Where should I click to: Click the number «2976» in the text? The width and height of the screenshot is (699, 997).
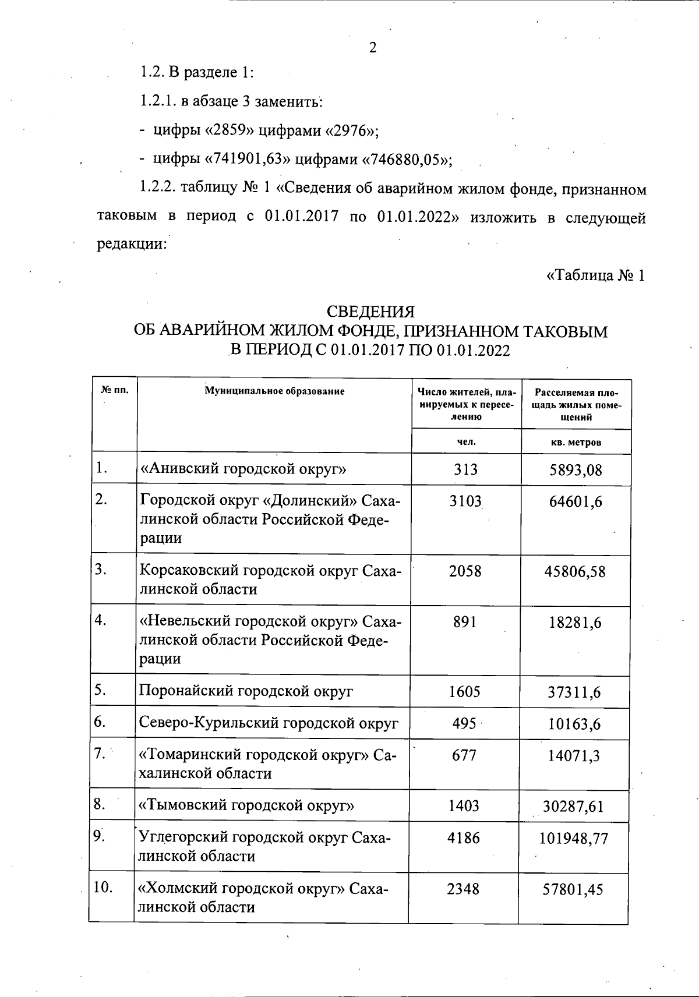(351, 130)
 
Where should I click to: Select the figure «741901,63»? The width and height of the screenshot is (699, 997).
(250, 158)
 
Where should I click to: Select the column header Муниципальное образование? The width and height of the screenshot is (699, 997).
(274, 391)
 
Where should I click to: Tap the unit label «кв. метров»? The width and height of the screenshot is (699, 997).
(576, 442)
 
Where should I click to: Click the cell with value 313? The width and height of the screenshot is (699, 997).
(465, 469)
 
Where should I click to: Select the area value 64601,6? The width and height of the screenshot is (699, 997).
(576, 502)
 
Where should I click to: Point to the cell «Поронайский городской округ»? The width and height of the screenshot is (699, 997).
(246, 692)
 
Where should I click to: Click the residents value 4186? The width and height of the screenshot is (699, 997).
(465, 838)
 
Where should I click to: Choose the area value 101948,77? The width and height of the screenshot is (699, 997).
(574, 839)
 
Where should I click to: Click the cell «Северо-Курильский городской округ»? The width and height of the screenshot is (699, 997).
(269, 724)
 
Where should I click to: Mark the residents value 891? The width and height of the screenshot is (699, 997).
(465, 622)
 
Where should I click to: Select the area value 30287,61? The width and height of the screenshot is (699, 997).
(574, 807)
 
